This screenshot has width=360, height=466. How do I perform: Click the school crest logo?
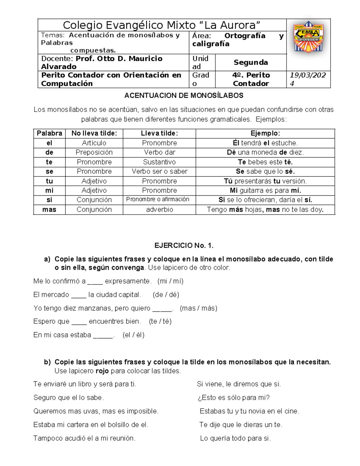(x=308, y=37)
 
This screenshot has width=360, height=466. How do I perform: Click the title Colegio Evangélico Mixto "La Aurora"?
(x=161, y=25)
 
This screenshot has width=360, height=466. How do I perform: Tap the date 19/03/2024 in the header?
(x=308, y=79)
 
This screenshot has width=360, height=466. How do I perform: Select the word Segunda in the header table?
(x=250, y=62)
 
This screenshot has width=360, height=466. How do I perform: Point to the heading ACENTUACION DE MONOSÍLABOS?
(x=184, y=96)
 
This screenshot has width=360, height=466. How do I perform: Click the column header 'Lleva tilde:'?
(x=159, y=134)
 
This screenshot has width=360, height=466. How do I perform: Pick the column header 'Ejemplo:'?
(x=265, y=134)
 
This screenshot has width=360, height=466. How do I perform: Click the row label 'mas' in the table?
(x=49, y=209)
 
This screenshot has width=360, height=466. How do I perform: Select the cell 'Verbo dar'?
(x=159, y=152)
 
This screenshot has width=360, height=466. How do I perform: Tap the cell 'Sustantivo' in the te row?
(x=159, y=162)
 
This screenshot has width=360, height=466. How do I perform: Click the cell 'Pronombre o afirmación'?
(x=157, y=200)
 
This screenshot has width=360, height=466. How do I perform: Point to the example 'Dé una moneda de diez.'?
(x=265, y=152)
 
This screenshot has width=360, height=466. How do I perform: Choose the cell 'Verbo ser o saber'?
(x=159, y=171)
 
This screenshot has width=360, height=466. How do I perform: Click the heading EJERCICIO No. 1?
(x=184, y=246)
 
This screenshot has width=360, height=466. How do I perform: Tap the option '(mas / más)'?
(x=198, y=308)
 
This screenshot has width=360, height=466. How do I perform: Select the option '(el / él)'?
(x=133, y=335)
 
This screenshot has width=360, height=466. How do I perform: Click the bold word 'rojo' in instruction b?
(x=102, y=371)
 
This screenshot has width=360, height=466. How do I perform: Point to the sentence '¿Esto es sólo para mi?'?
(x=233, y=398)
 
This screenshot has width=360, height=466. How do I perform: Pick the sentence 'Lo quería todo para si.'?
(x=235, y=438)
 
